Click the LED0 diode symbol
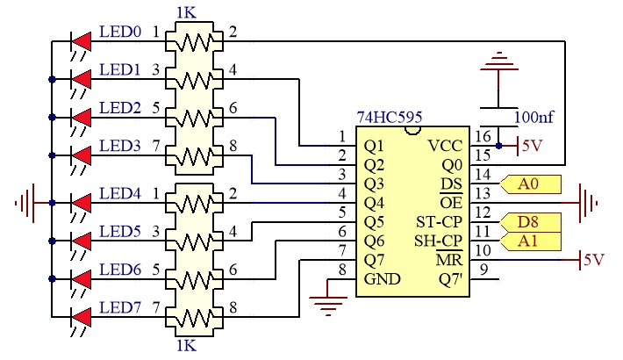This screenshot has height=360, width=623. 81,41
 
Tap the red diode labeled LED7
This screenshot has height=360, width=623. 81,318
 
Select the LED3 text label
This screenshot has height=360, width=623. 119,146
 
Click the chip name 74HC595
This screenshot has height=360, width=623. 390,118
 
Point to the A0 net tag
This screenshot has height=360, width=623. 530,184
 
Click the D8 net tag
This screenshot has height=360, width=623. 530,222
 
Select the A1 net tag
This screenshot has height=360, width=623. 530,241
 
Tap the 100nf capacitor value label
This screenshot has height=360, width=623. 533,118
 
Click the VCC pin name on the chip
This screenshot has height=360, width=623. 446,146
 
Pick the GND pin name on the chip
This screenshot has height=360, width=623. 382,279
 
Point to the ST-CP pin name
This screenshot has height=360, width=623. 439,222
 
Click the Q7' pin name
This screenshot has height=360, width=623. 450,279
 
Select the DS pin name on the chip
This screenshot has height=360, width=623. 451,184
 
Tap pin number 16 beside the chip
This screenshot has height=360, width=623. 483,136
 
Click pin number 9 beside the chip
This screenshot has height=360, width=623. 483,270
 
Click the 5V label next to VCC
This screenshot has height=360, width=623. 532,146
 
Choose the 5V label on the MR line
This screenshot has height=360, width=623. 593,260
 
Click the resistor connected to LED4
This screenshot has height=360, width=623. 194,204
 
